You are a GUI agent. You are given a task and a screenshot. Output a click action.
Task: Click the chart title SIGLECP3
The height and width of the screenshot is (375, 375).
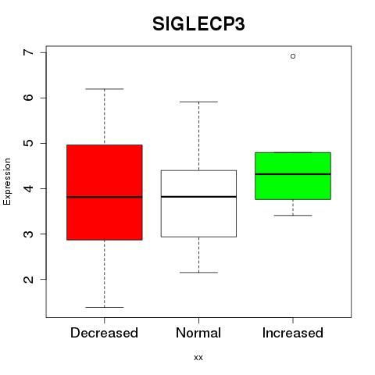click(198, 24)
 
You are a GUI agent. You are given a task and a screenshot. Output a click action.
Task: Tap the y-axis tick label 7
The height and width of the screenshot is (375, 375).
click(29, 52)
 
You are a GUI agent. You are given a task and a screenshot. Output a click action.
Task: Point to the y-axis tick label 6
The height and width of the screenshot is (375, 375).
click(29, 98)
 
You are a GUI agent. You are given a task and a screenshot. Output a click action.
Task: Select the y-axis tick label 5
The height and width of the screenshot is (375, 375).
click(29, 143)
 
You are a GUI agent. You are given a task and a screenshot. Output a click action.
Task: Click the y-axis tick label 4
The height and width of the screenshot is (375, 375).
click(29, 188)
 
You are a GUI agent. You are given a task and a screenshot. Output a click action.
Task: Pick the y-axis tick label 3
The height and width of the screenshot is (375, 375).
click(29, 234)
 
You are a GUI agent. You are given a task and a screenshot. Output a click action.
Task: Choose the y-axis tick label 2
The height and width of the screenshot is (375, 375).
click(29, 279)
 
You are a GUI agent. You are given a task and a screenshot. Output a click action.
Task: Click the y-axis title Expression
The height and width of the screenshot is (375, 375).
click(7, 181)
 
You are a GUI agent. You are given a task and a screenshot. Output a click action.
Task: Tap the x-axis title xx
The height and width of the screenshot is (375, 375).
click(198, 358)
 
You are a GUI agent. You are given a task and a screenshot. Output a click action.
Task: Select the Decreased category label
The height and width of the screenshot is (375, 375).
click(104, 333)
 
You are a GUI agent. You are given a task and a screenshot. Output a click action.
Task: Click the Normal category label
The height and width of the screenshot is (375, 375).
click(198, 333)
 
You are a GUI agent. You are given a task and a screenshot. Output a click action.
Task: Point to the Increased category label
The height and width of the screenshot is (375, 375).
click(293, 333)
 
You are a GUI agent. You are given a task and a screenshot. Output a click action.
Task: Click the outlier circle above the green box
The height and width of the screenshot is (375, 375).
click(293, 56)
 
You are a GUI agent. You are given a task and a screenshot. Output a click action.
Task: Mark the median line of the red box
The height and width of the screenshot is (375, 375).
click(105, 197)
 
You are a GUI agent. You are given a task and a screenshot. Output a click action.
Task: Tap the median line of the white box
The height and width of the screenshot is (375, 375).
click(198, 197)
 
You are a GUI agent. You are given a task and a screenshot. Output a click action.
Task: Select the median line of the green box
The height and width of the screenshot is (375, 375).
click(293, 174)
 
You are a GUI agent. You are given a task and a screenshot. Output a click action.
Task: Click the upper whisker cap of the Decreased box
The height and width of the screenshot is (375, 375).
click(105, 89)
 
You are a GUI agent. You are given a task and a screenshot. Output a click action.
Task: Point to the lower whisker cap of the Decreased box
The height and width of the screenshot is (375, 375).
click(105, 307)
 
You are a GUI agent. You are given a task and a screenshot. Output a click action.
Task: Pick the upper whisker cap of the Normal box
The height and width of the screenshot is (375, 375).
click(198, 102)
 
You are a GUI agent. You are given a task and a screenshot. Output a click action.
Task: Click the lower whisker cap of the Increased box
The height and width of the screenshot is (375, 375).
click(293, 216)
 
